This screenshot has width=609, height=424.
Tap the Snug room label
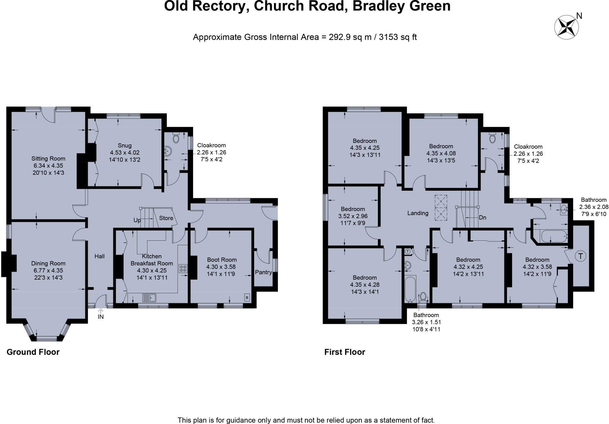pos(125,146)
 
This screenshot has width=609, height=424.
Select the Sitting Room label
pos(48,159)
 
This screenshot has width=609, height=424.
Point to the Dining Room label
pos(48,263)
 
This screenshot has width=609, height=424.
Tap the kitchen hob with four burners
pos(183,269)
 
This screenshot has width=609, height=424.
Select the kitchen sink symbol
pos(149,297)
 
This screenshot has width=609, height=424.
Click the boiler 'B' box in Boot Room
pos(247,297)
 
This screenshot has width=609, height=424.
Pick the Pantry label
pos(263,272)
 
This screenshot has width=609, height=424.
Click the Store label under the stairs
pos(166,218)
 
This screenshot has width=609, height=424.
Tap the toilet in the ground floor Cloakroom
pos(176,138)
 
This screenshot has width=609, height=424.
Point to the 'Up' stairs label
pos(137,220)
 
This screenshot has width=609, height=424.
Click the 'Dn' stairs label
pos(482,217)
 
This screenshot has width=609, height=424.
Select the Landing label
pos(418,213)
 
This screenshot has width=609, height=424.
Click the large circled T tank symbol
pos(580,256)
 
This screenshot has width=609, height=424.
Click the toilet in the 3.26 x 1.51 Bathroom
pos(423,296)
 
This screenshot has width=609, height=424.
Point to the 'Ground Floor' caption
pos(33,352)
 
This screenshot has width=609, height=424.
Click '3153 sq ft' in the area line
pos(398,37)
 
